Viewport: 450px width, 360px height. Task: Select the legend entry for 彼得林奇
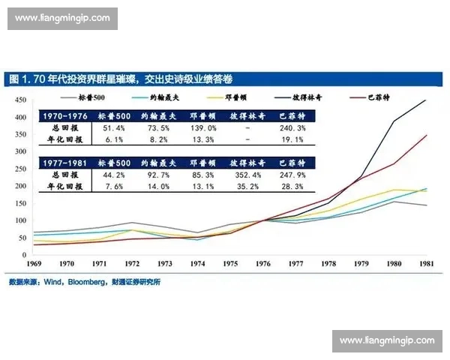[x=307, y=98]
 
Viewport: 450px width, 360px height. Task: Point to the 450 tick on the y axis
[x=21, y=100]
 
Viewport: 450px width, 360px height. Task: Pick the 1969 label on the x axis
[x=34, y=264]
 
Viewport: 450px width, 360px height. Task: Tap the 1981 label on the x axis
[x=426, y=264]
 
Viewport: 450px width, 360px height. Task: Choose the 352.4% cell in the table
[x=247, y=175]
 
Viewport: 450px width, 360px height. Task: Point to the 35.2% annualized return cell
[x=247, y=186]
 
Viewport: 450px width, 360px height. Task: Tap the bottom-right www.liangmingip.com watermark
[x=386, y=340]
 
